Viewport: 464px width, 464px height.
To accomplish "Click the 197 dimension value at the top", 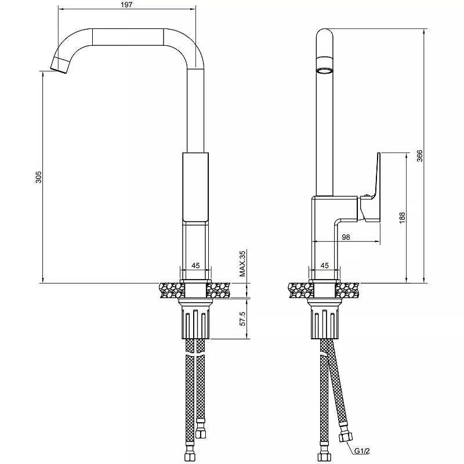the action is coord(126,5).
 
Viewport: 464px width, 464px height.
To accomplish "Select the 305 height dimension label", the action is coord(39,177).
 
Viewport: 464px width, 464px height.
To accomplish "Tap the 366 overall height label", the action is coord(419,156).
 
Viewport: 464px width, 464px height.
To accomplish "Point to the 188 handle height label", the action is coord(402,218).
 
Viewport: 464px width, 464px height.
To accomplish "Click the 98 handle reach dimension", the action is coord(346,237).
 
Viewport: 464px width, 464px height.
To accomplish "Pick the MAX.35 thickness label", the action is coord(242,263).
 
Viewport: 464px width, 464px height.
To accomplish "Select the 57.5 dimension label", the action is coord(242,318).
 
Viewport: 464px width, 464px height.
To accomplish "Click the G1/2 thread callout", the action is coord(362,451).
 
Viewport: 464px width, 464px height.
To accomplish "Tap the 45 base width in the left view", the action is coord(195,266).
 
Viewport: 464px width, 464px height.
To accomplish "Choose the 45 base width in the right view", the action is coord(325,266).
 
